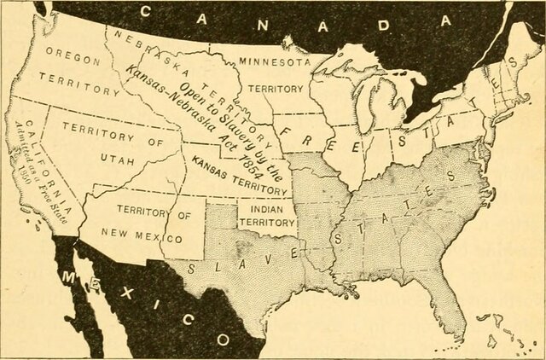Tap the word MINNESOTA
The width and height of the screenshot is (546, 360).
(272, 61)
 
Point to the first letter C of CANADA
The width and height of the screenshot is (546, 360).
(144, 11)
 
